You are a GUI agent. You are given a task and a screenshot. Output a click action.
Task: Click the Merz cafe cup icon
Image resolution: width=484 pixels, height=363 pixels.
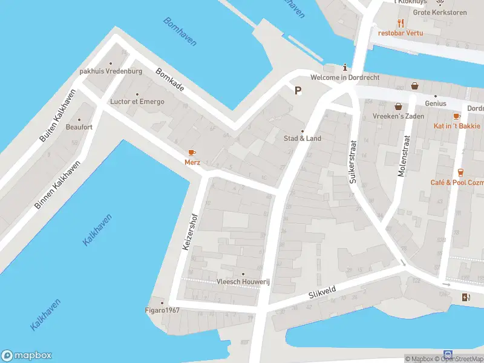(192, 152)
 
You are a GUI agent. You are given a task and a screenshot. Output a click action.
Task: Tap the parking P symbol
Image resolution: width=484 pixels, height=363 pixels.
(298, 91)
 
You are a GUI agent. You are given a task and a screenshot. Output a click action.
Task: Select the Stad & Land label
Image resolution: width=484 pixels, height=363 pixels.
(302, 139)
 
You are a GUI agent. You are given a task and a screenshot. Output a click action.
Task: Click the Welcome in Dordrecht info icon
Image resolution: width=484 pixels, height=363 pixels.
(345, 67)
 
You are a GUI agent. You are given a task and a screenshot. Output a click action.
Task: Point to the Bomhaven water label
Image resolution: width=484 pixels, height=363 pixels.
(180, 31)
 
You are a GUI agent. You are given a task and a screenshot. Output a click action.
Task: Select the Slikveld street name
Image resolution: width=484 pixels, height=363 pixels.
(322, 293)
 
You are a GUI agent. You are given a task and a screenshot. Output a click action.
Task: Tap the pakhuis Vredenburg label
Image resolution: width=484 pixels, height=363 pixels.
(111, 71)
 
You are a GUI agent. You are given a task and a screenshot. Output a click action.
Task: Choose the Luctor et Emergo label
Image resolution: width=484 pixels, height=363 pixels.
(137, 102)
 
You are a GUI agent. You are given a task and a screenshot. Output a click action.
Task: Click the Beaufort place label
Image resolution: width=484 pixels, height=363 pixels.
(79, 127)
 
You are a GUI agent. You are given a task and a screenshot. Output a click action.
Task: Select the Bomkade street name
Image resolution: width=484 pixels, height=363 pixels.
(169, 80)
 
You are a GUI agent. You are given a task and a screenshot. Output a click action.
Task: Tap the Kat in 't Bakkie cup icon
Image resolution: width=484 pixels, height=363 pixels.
(457, 116)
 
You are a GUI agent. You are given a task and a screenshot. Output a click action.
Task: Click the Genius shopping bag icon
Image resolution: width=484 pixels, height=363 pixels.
(414, 86)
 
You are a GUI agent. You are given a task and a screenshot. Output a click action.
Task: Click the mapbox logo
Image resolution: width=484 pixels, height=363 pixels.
(27, 356)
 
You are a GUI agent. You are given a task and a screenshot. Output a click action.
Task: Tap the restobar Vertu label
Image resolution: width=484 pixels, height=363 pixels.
(400, 33)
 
